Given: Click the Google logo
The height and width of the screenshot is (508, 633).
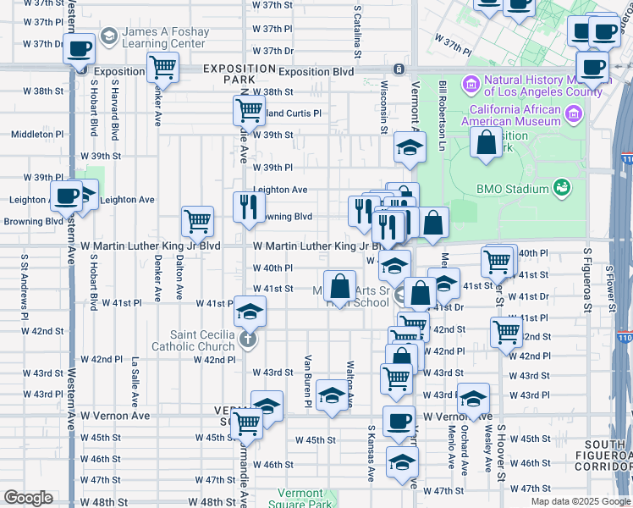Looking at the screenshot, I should coord(27,498).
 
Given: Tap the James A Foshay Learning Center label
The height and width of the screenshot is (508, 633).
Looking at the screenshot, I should coord(163,37).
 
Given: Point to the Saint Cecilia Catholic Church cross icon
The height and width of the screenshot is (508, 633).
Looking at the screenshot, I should coord(247,340).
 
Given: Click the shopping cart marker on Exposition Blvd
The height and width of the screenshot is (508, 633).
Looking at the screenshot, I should coord(162,67).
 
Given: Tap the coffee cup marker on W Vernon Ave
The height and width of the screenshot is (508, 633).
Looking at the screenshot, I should coord(399,421).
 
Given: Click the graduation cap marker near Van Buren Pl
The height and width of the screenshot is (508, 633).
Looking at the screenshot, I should coord(333,395).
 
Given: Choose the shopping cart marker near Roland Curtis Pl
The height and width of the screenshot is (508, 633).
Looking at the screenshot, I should coord(249,109).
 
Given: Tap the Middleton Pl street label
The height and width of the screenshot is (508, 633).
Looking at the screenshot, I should coord(37,134).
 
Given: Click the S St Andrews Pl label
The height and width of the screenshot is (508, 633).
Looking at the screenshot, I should coord(25,277).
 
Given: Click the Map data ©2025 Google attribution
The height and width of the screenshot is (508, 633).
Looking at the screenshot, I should coord(580,501).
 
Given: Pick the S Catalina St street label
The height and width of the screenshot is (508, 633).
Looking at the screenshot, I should coord(359,31).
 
